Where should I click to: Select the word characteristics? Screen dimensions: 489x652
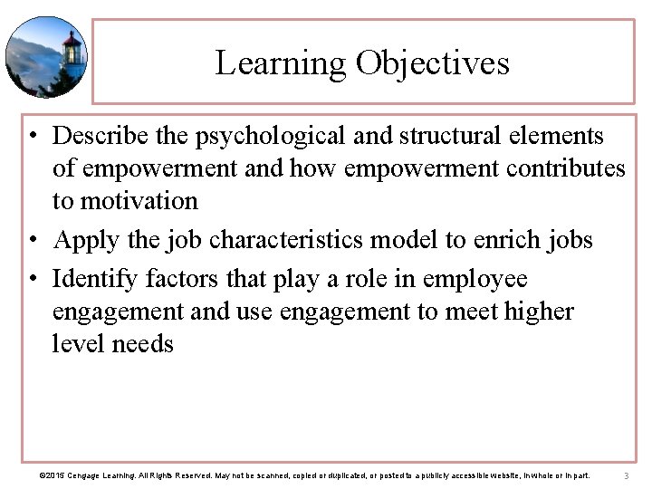click(x=279, y=240)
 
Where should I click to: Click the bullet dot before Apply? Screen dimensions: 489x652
click(x=32, y=241)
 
